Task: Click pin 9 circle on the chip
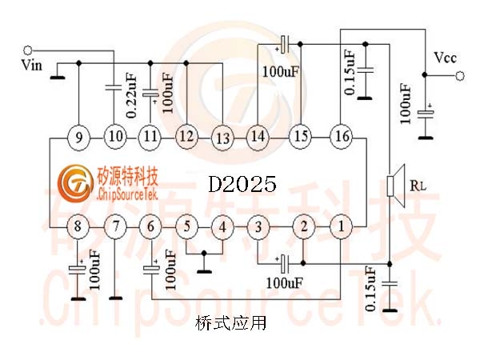click(78, 138)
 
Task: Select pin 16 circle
click(342, 136)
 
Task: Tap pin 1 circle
click(342, 227)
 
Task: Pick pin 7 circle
click(115, 227)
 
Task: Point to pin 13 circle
click(222, 138)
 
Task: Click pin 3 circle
click(258, 227)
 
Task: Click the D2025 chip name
click(242, 184)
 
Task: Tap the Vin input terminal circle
click(27, 50)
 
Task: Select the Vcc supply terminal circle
click(459, 76)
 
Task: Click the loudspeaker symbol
click(396, 186)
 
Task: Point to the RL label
click(418, 186)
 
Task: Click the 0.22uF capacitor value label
click(130, 96)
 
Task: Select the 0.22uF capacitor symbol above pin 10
click(114, 87)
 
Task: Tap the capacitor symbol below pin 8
click(77, 269)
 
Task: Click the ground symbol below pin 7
click(115, 298)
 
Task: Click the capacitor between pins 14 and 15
click(284, 45)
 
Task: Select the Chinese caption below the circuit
click(230, 323)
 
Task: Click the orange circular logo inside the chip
click(75, 184)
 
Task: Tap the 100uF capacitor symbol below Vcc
click(426, 113)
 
